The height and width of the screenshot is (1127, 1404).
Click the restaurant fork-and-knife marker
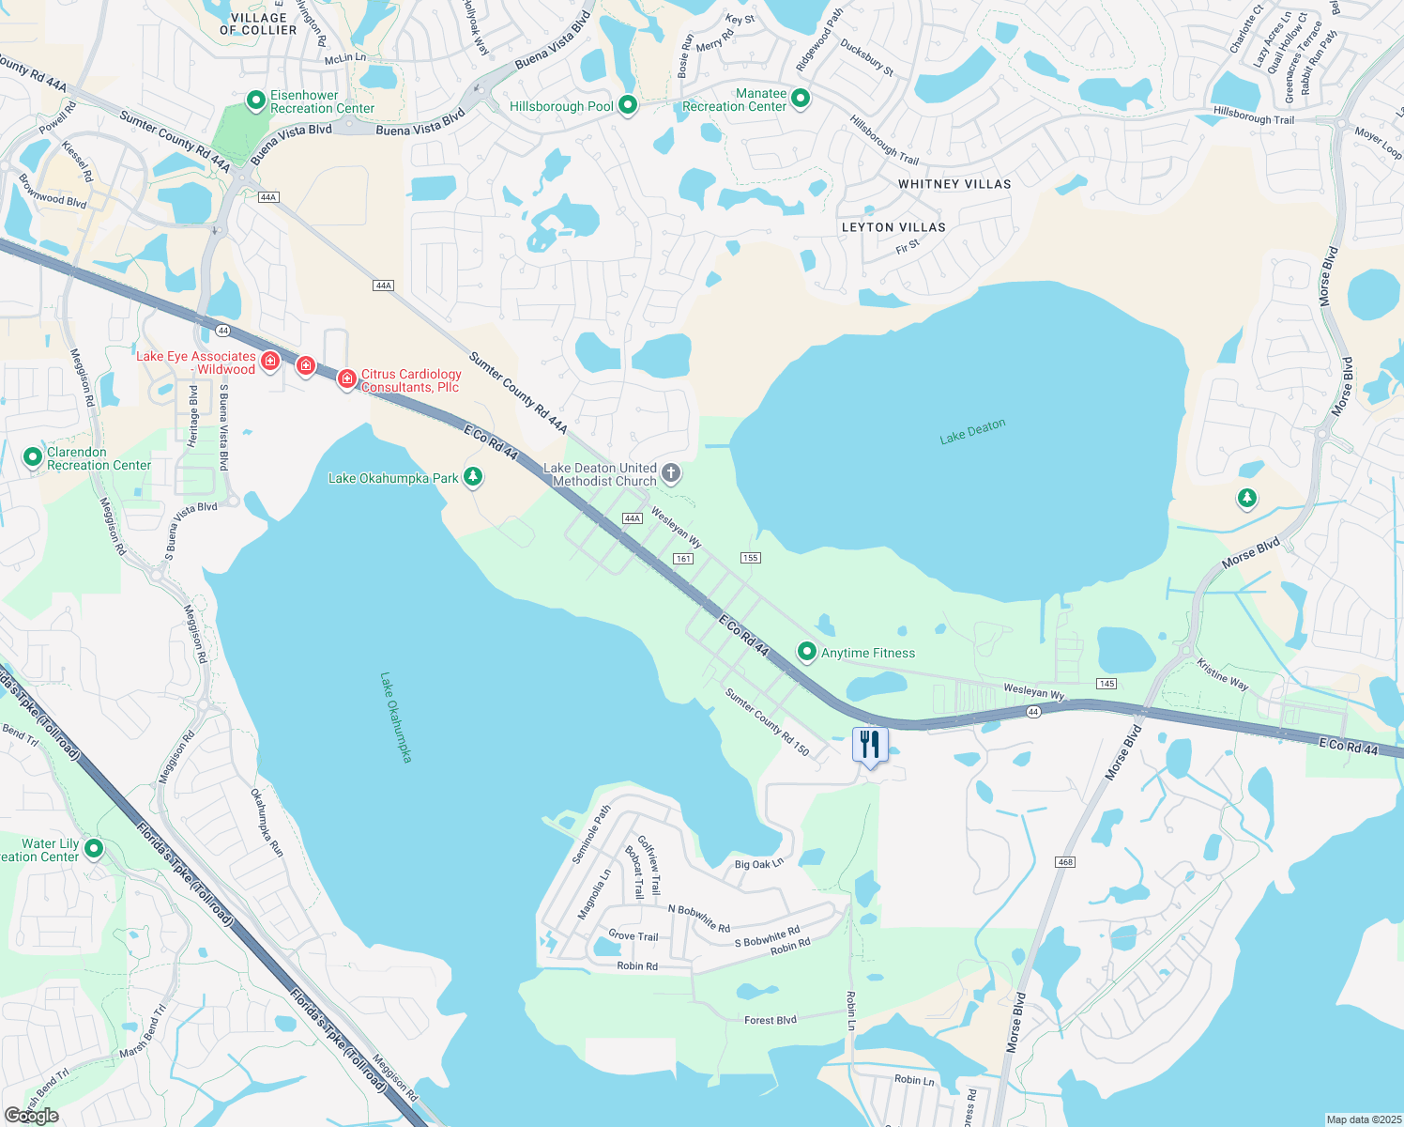click(x=870, y=745)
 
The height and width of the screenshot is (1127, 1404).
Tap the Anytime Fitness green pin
click(x=806, y=651)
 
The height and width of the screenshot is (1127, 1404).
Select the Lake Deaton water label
click(x=972, y=431)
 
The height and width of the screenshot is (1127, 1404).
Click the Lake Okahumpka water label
click(x=396, y=717)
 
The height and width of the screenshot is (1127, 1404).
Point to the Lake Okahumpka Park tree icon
click(x=474, y=477)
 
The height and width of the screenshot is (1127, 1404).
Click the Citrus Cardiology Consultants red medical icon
click(x=346, y=378)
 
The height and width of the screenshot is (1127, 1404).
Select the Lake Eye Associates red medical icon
click(x=270, y=360)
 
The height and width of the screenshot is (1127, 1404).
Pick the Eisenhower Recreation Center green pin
click(x=255, y=100)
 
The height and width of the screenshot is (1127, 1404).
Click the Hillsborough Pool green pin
click(x=628, y=105)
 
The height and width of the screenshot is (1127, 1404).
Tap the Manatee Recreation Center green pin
click(x=801, y=98)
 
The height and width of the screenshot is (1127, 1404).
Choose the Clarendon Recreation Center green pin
click(x=33, y=457)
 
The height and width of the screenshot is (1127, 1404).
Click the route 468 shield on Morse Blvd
click(x=1064, y=862)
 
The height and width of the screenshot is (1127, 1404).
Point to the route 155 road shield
click(x=750, y=558)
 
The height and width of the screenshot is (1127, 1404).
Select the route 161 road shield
click(x=682, y=559)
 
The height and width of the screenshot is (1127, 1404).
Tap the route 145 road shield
click(x=1106, y=684)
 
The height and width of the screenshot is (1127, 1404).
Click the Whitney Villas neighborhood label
click(x=954, y=184)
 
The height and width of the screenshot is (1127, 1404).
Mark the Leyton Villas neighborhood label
click(x=893, y=227)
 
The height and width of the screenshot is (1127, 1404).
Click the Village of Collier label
click(x=258, y=23)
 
